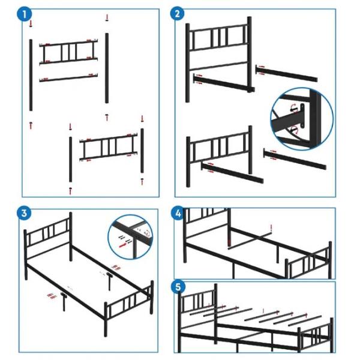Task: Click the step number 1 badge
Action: [25, 14]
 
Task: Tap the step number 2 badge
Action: [177, 14]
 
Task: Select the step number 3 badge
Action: [24, 213]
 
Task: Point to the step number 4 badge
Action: [178, 214]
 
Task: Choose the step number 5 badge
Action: [178, 287]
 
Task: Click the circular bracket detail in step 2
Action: [302, 119]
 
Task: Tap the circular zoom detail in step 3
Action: [130, 237]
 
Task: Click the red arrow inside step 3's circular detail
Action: [123, 245]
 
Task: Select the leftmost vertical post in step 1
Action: [31, 75]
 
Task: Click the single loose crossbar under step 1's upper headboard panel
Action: [68, 77]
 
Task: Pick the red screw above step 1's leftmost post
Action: [31, 23]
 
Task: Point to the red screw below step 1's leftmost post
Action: [31, 125]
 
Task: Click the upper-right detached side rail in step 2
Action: [286, 73]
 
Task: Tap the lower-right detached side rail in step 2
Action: [295, 159]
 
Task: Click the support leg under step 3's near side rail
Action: [64, 302]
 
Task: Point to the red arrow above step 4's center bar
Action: [271, 228]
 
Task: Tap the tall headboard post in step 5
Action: [215, 313]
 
